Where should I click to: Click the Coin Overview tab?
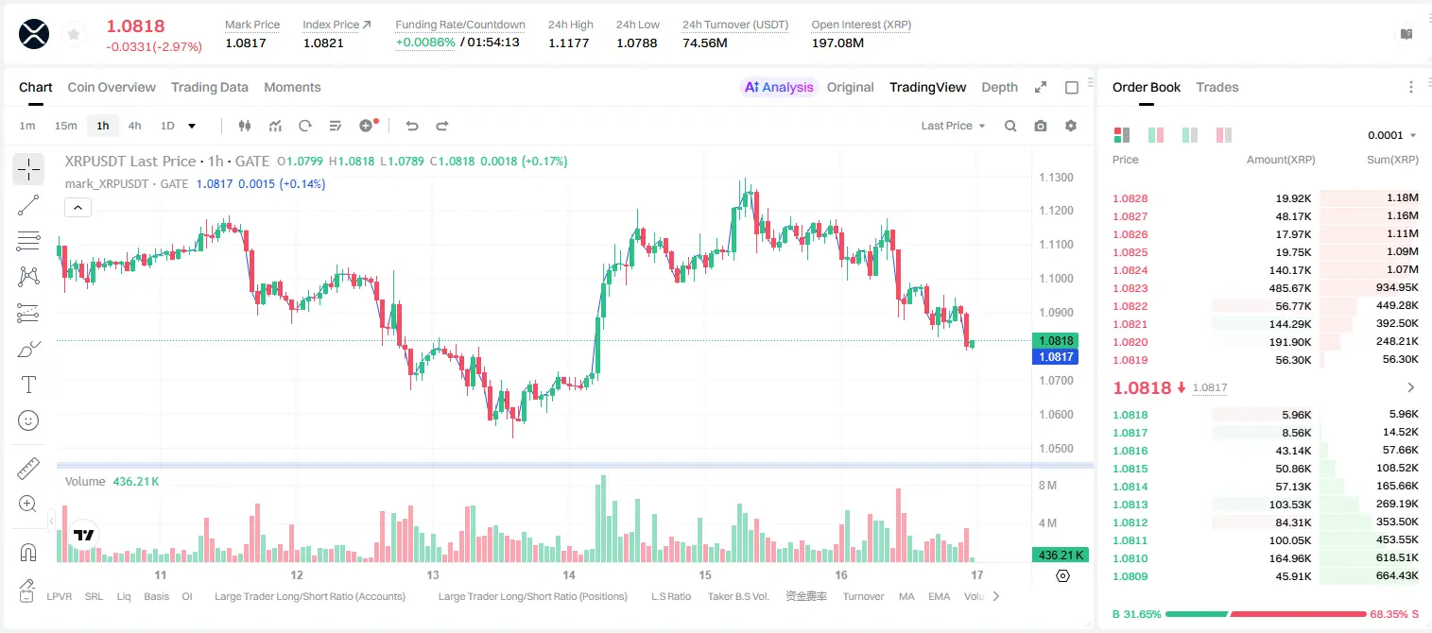click(112, 87)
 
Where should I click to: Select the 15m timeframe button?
click(66, 126)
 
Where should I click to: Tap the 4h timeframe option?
click(134, 126)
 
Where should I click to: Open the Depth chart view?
click(999, 87)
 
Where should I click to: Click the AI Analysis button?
click(779, 87)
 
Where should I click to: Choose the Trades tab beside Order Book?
click(1217, 87)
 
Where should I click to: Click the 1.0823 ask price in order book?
click(1130, 288)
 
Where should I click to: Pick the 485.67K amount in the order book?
click(1290, 288)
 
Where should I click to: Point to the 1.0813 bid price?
click(1130, 505)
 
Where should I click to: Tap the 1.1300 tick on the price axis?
click(1056, 178)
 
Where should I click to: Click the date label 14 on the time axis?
click(569, 574)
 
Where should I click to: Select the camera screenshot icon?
click(1041, 126)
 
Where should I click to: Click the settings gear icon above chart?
click(1071, 126)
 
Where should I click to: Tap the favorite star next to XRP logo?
click(74, 34)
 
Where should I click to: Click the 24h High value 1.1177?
click(568, 43)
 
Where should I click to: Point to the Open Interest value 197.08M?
click(837, 43)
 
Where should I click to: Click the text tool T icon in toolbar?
click(28, 385)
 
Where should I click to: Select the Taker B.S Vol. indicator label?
click(737, 596)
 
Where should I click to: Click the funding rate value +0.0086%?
click(425, 43)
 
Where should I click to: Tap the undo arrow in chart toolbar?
click(412, 126)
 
